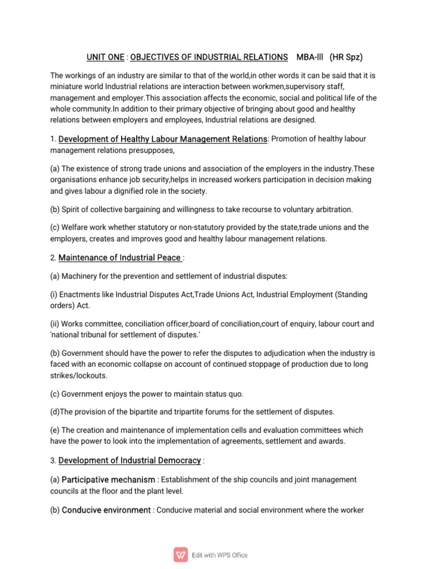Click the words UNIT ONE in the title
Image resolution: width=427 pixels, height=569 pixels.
[x=105, y=57]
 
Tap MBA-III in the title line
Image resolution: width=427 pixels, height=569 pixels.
[x=310, y=57]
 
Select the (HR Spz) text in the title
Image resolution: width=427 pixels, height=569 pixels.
[x=346, y=57]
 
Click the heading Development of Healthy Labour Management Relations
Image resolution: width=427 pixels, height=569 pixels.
[x=163, y=139]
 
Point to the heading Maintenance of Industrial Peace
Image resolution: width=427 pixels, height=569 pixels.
[x=120, y=257]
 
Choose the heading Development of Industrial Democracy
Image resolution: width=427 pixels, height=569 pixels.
[x=130, y=460]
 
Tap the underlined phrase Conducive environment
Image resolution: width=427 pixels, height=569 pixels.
[x=106, y=510]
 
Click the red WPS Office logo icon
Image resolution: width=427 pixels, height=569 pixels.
[x=181, y=555]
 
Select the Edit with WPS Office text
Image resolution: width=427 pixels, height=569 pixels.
[x=220, y=555]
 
